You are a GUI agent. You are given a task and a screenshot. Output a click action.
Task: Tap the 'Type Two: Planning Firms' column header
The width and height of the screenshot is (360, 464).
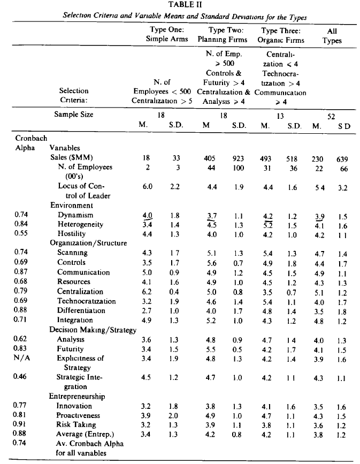point(223,35)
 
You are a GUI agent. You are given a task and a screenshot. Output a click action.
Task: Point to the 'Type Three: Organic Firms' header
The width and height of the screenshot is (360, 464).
point(280,35)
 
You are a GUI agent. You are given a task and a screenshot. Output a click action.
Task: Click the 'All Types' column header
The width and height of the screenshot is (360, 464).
point(332,35)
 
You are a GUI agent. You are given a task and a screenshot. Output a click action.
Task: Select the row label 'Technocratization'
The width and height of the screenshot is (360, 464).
point(86,301)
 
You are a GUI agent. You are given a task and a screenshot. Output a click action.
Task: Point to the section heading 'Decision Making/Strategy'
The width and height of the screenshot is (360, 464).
point(93,330)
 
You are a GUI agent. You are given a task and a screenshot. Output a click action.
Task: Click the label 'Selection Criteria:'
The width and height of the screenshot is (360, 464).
point(73,95)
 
